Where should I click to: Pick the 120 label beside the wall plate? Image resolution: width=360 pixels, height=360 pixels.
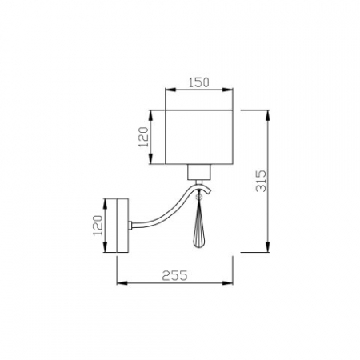(x=98, y=226)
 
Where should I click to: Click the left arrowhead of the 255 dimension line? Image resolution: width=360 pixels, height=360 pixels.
(x=120, y=283)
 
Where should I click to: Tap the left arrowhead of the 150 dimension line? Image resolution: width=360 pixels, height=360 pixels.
(x=167, y=90)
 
